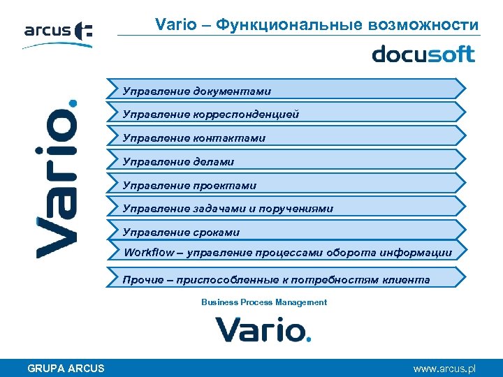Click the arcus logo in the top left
(x=57, y=34)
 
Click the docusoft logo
(x=423, y=54)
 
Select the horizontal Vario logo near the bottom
(x=262, y=329)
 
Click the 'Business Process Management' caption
(x=263, y=302)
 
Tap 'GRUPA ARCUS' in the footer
(x=66, y=368)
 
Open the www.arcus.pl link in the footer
(x=444, y=368)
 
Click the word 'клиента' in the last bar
(x=407, y=280)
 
